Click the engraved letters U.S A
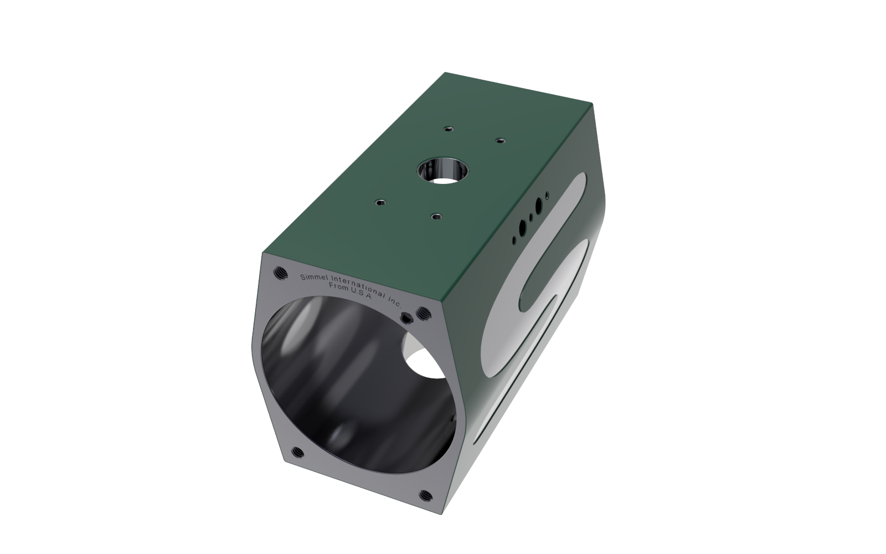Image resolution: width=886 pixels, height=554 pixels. [360, 293]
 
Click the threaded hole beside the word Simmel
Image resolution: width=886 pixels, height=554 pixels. [280, 272]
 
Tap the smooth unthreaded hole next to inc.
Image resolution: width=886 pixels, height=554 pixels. [406, 317]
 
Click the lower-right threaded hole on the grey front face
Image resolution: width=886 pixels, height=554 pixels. [426, 495]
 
